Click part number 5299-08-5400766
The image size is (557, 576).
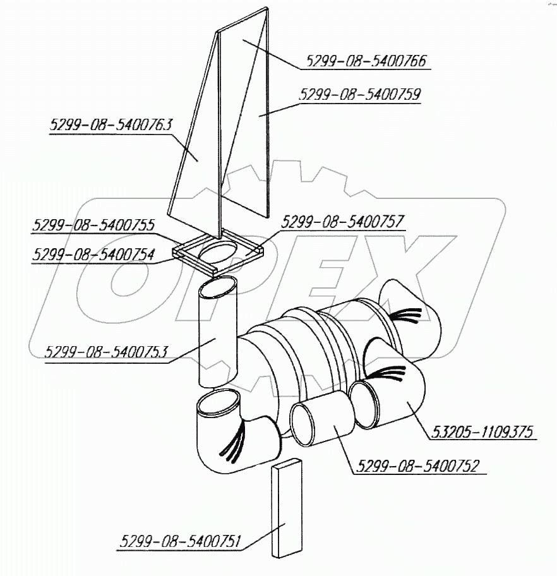366,61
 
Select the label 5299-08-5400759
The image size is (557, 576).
360,94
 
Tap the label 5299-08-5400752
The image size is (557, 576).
418,466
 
